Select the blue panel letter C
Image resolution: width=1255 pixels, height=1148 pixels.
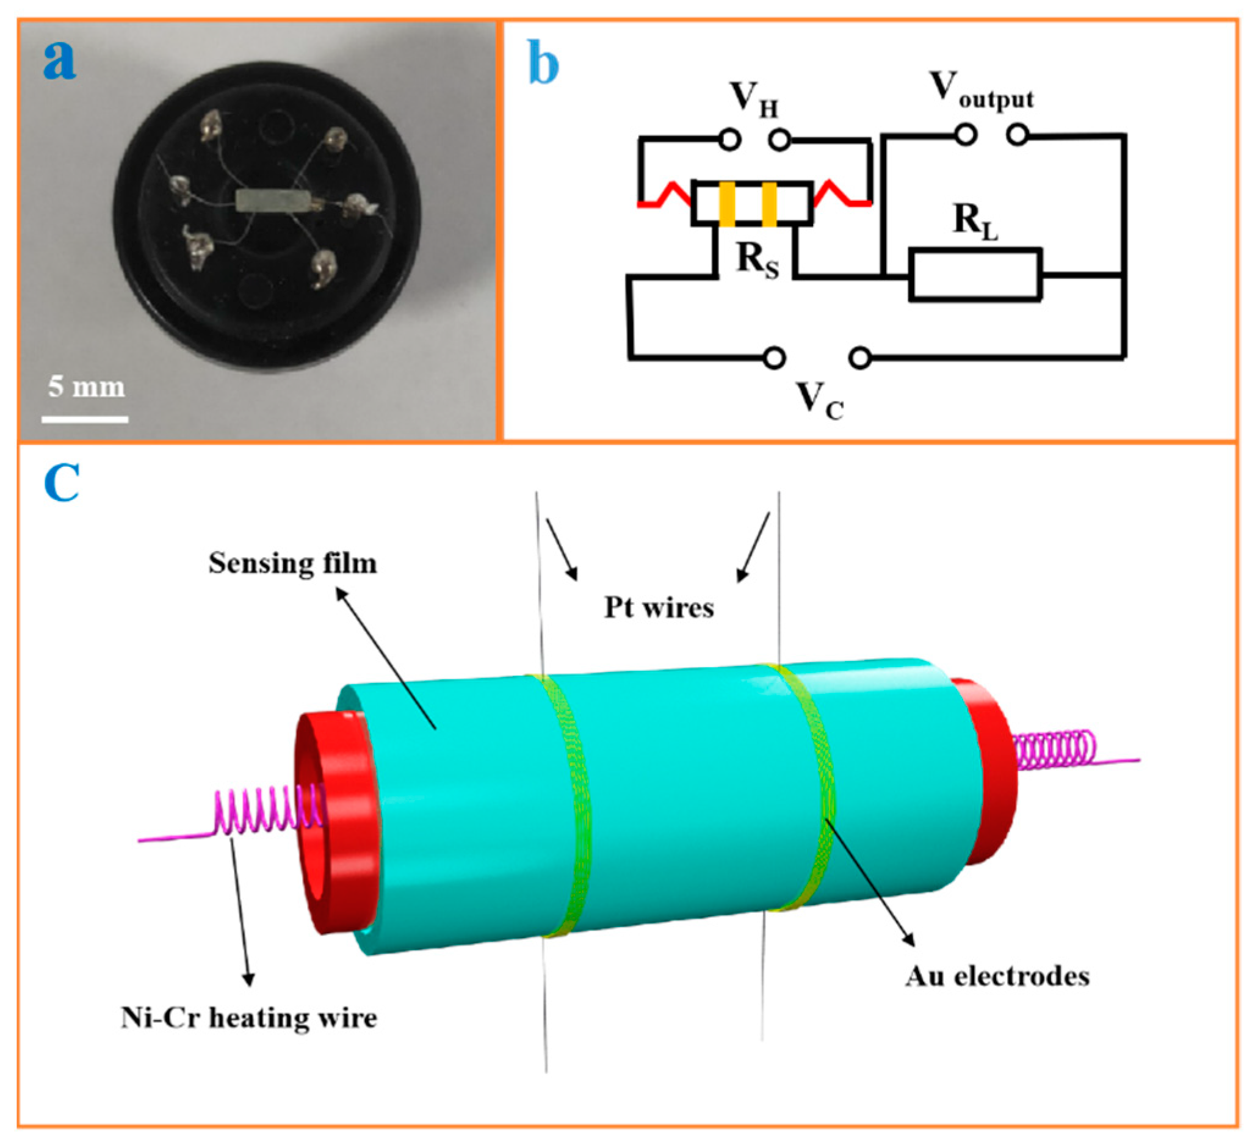point(62,483)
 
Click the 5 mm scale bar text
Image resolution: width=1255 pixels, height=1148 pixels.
point(87,386)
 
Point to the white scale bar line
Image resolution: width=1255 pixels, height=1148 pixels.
point(85,420)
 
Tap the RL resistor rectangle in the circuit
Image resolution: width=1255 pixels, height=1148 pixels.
point(975,275)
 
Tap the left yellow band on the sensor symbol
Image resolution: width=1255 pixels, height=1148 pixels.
point(727,204)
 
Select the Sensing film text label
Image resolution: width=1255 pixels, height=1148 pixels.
point(292,564)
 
